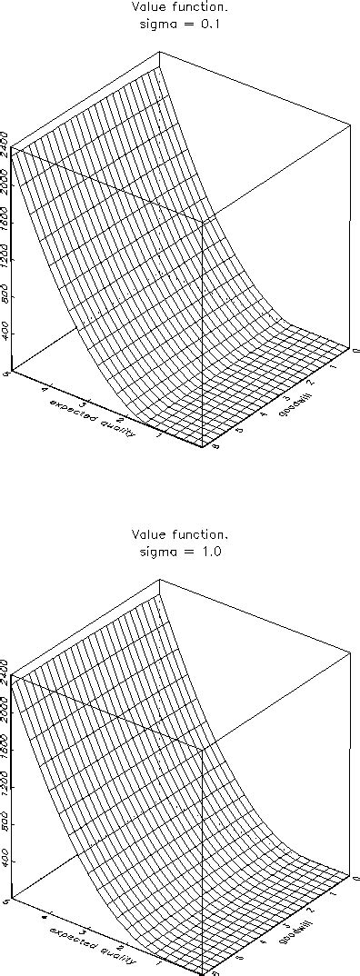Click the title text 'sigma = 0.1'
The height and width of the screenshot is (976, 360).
tap(179, 25)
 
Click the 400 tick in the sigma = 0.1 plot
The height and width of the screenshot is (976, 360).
tap(7, 334)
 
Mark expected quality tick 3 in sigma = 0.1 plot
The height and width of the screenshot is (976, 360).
tap(84, 406)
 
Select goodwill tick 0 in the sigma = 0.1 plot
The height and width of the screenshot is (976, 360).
tap(355, 348)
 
